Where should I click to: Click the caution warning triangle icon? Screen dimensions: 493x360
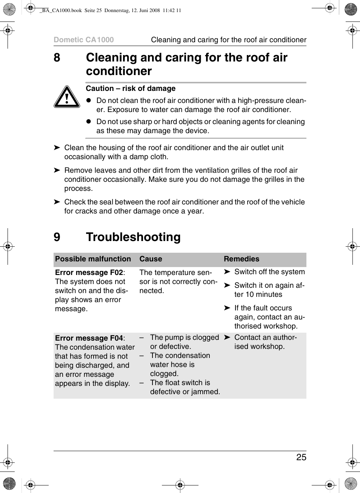[67, 97]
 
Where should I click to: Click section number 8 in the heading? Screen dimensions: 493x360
[57, 57]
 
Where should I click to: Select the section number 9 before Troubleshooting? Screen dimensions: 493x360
[57, 237]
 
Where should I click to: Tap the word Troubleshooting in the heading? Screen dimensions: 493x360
[133, 237]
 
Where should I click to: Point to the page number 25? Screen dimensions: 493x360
[301, 457]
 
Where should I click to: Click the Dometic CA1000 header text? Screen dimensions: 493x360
[83, 40]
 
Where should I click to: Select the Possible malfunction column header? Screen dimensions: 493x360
[93, 259]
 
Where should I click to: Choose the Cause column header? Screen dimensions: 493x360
[151, 259]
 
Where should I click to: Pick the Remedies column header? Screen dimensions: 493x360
[242, 259]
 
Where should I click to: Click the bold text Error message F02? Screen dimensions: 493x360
[89, 272]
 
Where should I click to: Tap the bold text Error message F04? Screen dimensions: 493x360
[89, 338]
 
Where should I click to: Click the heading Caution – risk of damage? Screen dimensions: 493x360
[131, 88]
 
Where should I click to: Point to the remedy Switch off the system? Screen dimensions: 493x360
[269, 272]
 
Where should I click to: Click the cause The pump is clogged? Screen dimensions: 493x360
[184, 337]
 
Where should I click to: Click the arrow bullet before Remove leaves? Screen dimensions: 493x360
[57, 170]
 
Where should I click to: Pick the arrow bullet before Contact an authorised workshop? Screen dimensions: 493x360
[227, 337]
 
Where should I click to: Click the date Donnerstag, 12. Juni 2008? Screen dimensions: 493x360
[132, 11]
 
